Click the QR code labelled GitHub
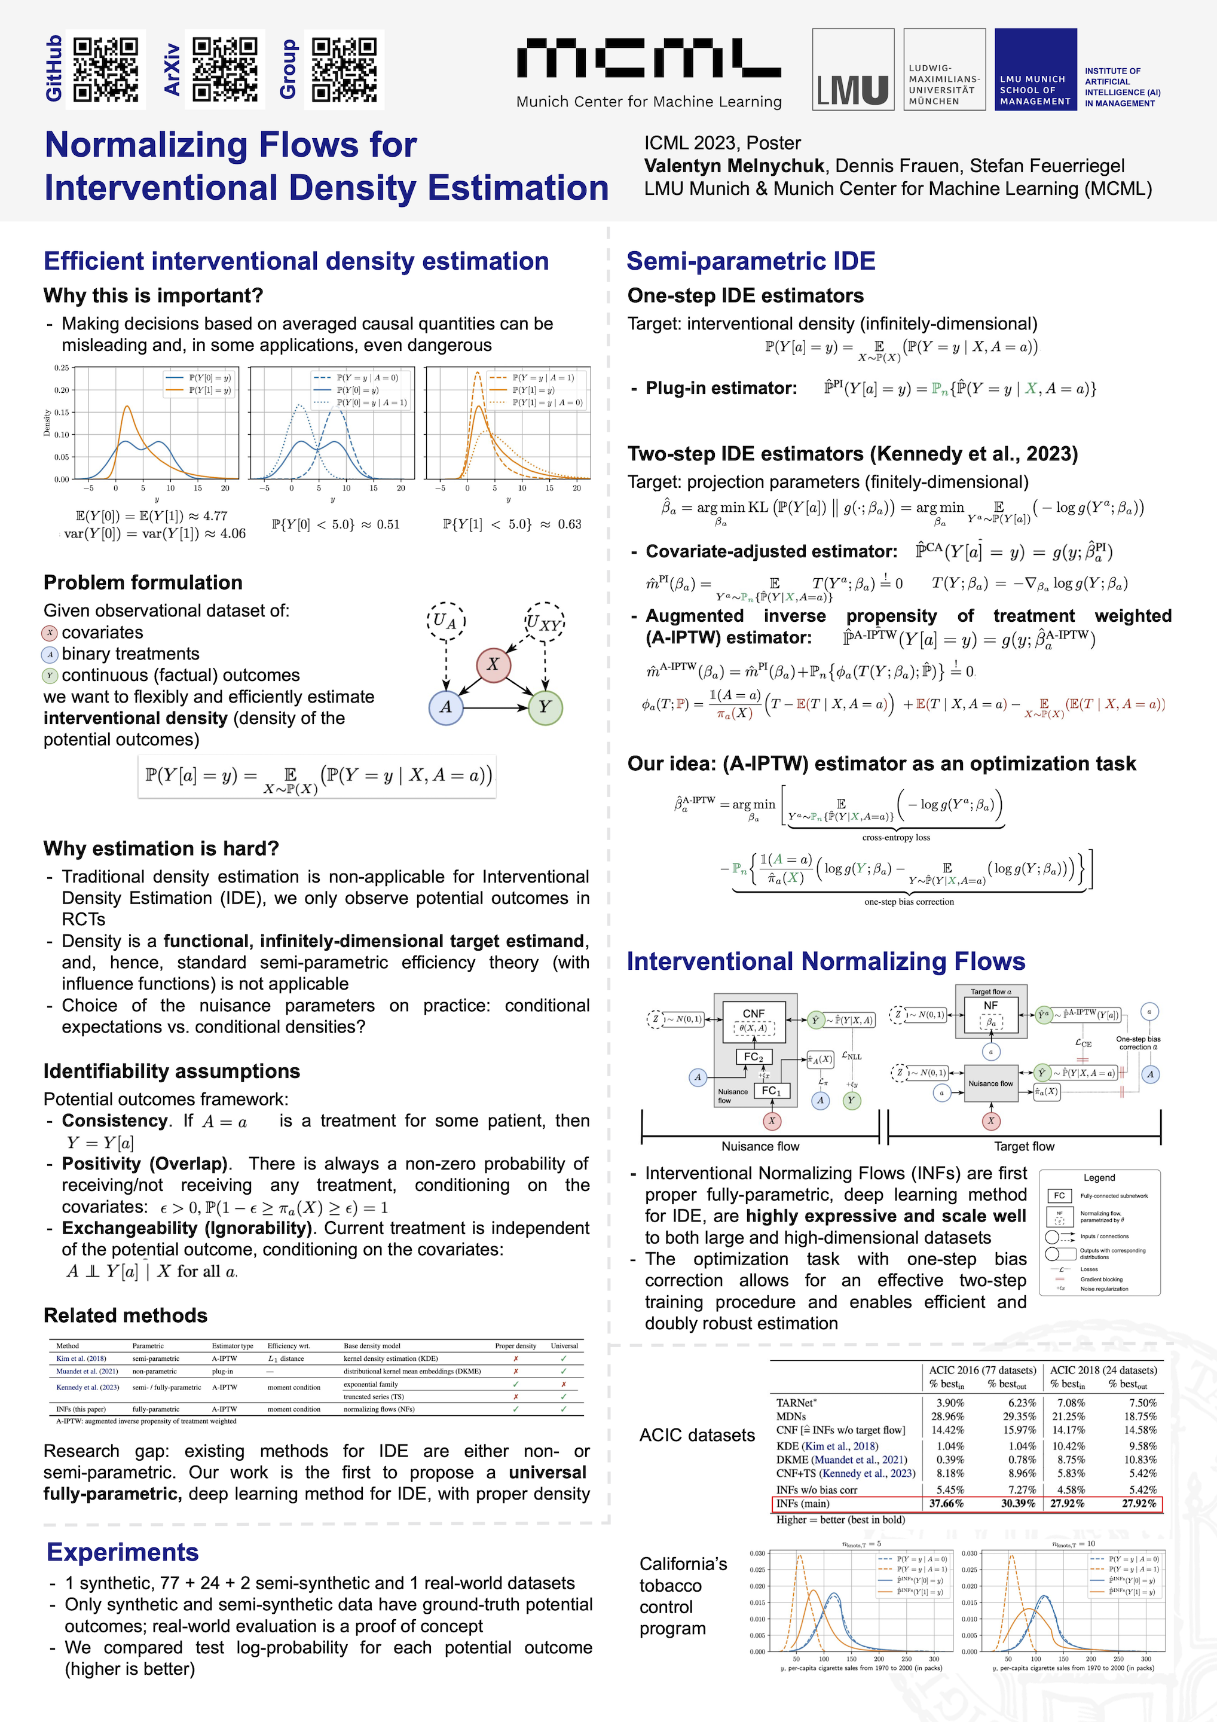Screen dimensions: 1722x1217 pyautogui.click(x=106, y=69)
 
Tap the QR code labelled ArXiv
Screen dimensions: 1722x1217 pyautogui.click(x=224, y=69)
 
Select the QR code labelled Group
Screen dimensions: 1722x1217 pyautogui.click(x=344, y=69)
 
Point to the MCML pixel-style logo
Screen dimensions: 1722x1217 pyautogui.click(x=649, y=59)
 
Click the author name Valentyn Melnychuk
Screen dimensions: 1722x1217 pyautogui.click(x=734, y=166)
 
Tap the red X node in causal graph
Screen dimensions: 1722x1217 pyautogui.click(x=493, y=664)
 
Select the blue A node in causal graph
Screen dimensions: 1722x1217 pyautogui.click(x=446, y=707)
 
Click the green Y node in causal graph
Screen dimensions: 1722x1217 pyautogui.click(x=545, y=707)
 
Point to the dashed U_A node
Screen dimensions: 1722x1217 pyautogui.click(x=445, y=620)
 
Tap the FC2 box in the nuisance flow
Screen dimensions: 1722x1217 pyautogui.click(x=754, y=1057)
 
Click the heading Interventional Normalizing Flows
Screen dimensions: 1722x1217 pyautogui.click(x=825, y=961)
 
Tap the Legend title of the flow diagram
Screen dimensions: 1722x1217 pyautogui.click(x=1099, y=1178)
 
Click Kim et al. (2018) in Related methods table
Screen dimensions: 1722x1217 pyautogui.click(x=81, y=1358)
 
